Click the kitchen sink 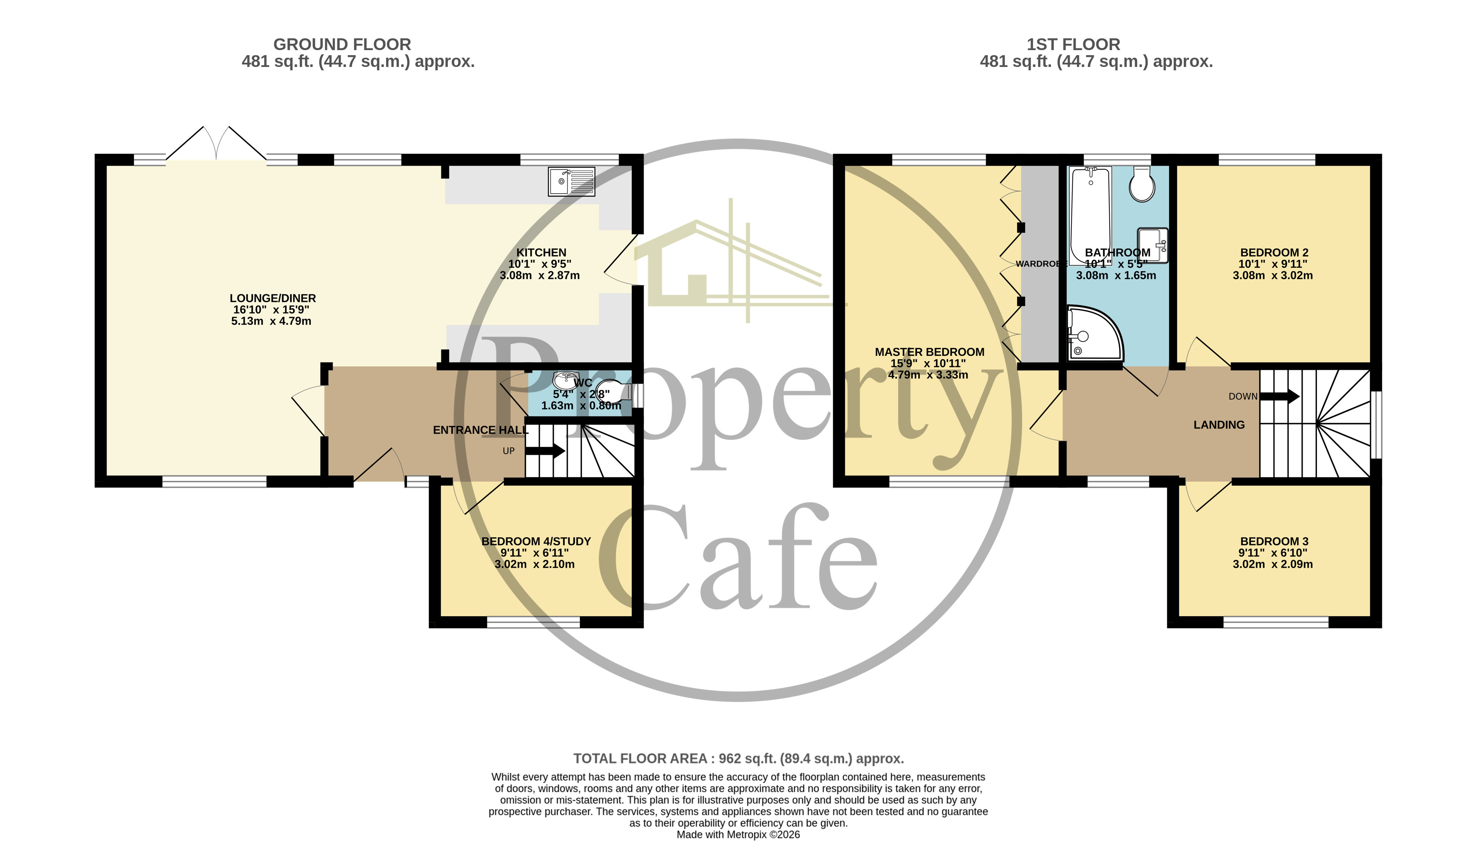pos(571,182)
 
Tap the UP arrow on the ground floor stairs pos(545,451)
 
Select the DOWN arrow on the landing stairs pos(1280,396)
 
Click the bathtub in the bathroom pos(1090,214)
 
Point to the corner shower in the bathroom pos(1093,334)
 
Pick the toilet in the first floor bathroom pos(1142,184)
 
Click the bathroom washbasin pos(1152,244)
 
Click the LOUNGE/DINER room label pos(272,298)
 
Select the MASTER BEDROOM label pos(929,352)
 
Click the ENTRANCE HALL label pos(481,430)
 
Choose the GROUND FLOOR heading pos(342,45)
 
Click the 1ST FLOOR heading pos(1073,45)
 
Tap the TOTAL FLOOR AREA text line pos(738,758)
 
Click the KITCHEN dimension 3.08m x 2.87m pos(540,275)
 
